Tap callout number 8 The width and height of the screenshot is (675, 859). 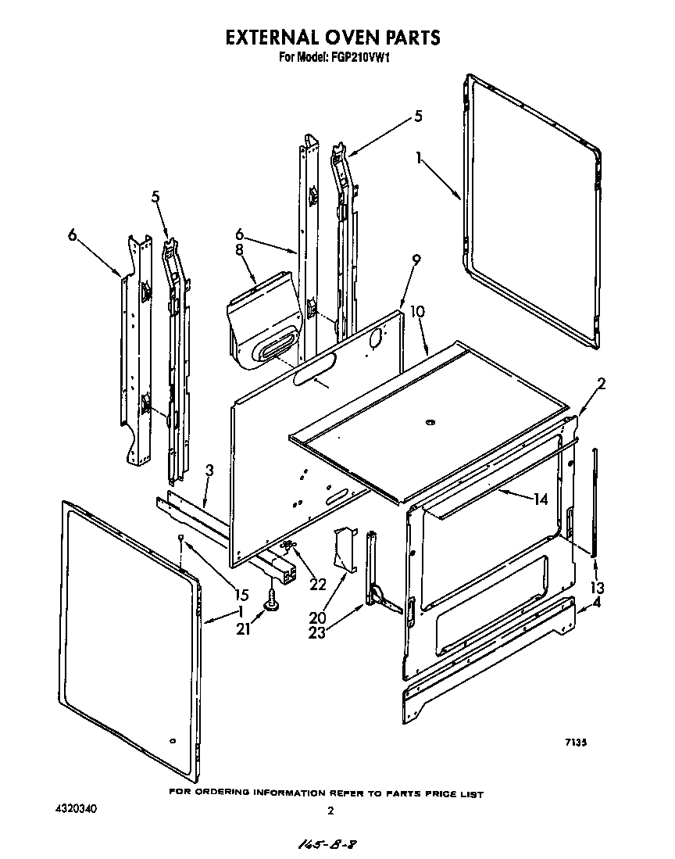[240, 250]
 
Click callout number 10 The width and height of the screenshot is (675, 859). [418, 311]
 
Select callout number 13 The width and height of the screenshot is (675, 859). [598, 588]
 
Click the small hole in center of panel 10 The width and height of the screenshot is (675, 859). [429, 424]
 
